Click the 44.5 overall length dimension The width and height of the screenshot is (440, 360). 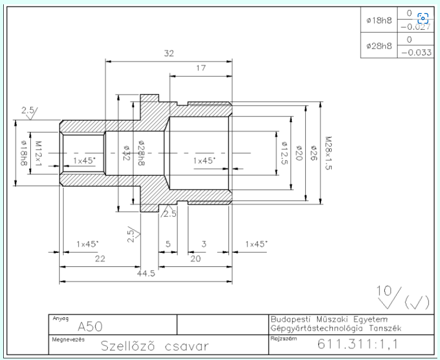pyautogui.click(x=146, y=273)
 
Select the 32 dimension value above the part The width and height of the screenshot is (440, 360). pyautogui.click(x=169, y=53)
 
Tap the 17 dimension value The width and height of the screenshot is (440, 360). pyautogui.click(x=201, y=68)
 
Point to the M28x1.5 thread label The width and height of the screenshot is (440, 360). pyautogui.click(x=329, y=153)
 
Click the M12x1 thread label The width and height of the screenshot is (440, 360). pyautogui.click(x=38, y=154)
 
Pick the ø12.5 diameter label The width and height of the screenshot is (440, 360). pyautogui.click(x=285, y=153)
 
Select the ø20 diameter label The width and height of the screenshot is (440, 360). pyautogui.click(x=299, y=153)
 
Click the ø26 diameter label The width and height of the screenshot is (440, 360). pyautogui.click(x=313, y=153)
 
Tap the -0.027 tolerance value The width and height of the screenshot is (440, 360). pyautogui.click(x=416, y=27)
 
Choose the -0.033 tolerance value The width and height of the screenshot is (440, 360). pyautogui.click(x=416, y=53)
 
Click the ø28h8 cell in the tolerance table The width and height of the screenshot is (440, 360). pyautogui.click(x=379, y=45)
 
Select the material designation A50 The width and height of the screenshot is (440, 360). pyautogui.click(x=90, y=326)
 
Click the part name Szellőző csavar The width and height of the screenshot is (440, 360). pyautogui.click(x=155, y=346)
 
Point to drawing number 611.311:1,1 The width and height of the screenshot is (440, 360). pyautogui.click(x=358, y=344)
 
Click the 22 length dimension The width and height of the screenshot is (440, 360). pyautogui.click(x=100, y=258)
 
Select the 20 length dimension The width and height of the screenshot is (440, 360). pyautogui.click(x=195, y=258)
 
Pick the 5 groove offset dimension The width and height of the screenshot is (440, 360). pyautogui.click(x=168, y=244)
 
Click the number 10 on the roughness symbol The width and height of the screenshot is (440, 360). pyautogui.click(x=384, y=291)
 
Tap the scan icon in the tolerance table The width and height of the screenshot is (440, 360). pyautogui.click(x=423, y=18)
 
